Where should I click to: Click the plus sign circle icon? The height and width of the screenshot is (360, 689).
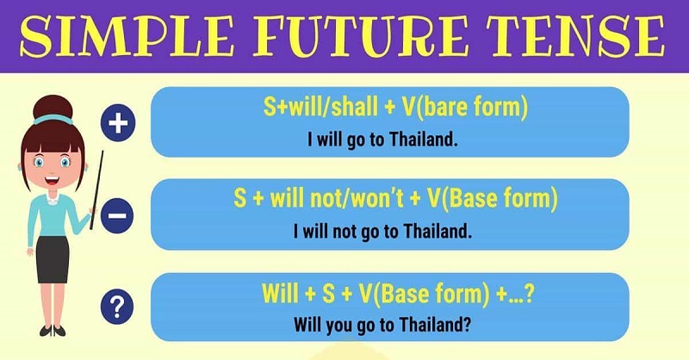coord(119,125)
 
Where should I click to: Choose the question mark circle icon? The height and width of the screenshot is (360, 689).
coord(116,305)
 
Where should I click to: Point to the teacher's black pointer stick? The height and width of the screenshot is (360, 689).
coord(96,186)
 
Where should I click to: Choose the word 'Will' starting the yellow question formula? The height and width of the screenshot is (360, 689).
coord(281,295)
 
